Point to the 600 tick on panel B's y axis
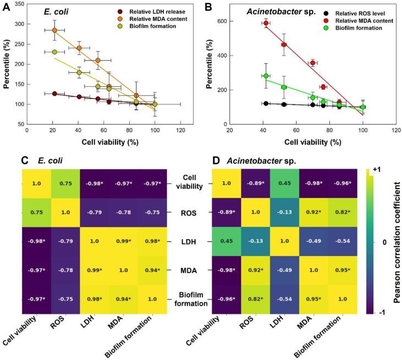225,21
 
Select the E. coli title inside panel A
56,11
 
